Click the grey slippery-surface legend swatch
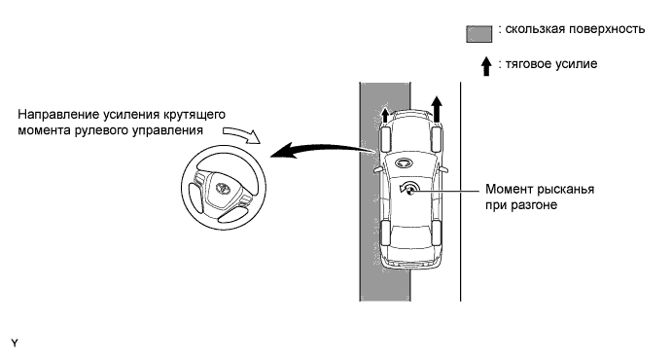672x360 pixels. [479, 34]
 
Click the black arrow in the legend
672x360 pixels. [486, 66]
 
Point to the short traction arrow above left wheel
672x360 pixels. [385, 115]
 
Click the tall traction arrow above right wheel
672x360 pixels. [437, 109]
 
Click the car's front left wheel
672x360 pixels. [384, 139]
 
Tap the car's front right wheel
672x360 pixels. [437, 139]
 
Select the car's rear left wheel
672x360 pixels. [385, 233]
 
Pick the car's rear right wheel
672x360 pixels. [437, 233]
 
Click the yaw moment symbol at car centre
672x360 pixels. [408, 189]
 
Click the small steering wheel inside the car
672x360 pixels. [403, 162]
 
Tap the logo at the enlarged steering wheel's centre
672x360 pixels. [223, 188]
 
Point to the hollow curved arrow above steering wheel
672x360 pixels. [242, 134]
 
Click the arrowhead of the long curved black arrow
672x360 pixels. [283, 151]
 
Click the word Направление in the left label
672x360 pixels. [58, 115]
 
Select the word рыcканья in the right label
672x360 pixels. [565, 190]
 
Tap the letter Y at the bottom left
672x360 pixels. [15, 342]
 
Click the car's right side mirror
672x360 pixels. [444, 169]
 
